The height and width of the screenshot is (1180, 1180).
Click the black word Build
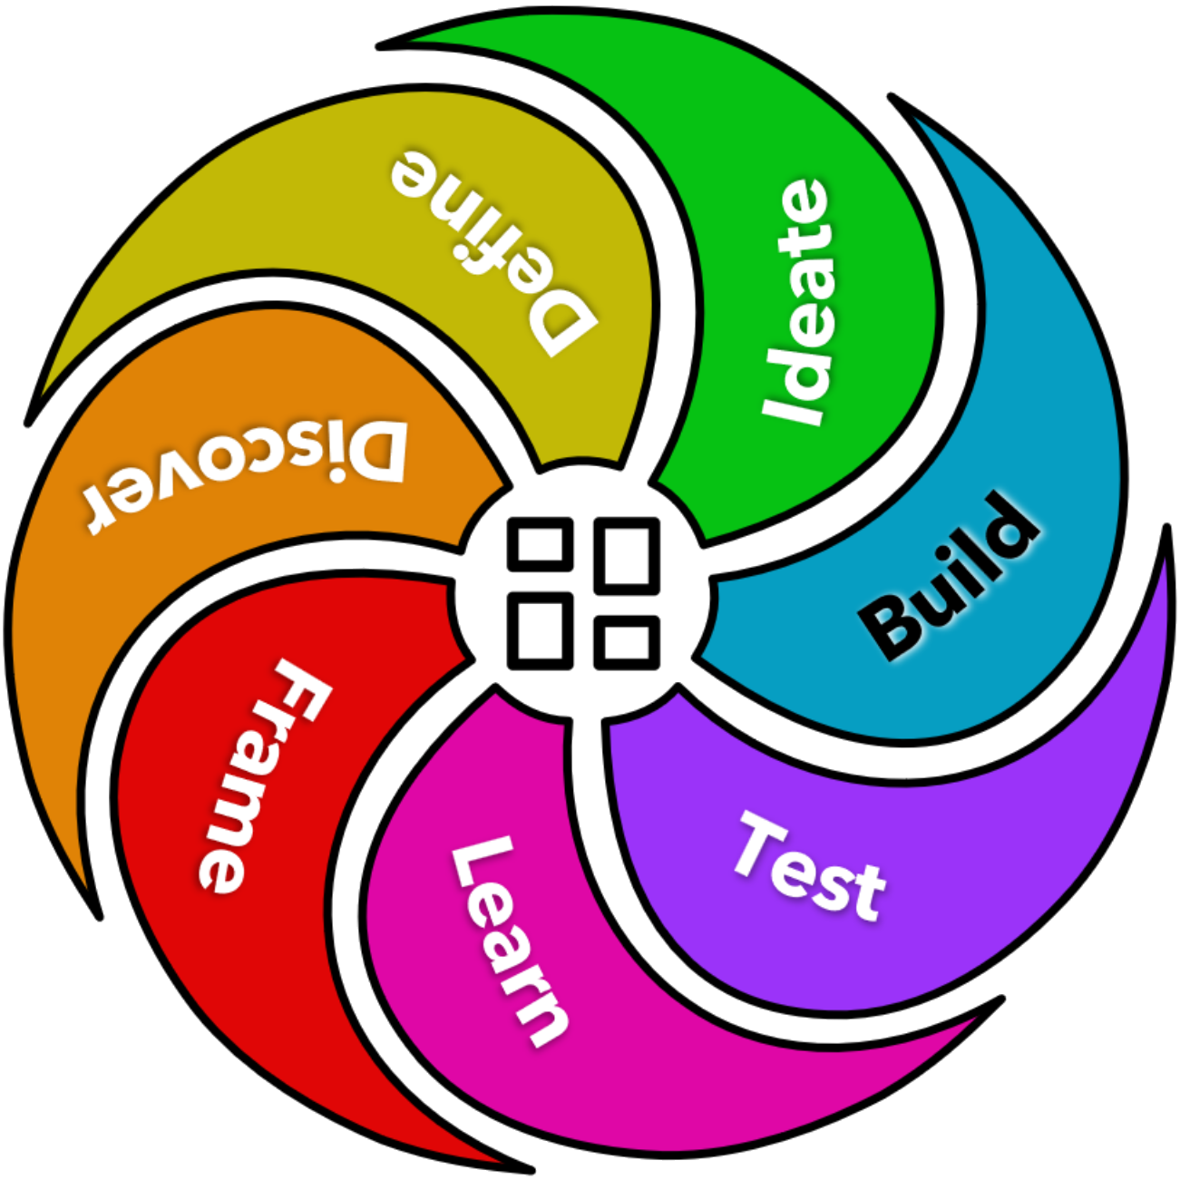tap(949, 575)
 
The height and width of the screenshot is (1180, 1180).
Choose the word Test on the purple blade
tap(807, 866)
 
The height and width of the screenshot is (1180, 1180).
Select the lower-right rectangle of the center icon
tap(627, 640)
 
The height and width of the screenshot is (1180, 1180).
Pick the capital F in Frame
tap(299, 689)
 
